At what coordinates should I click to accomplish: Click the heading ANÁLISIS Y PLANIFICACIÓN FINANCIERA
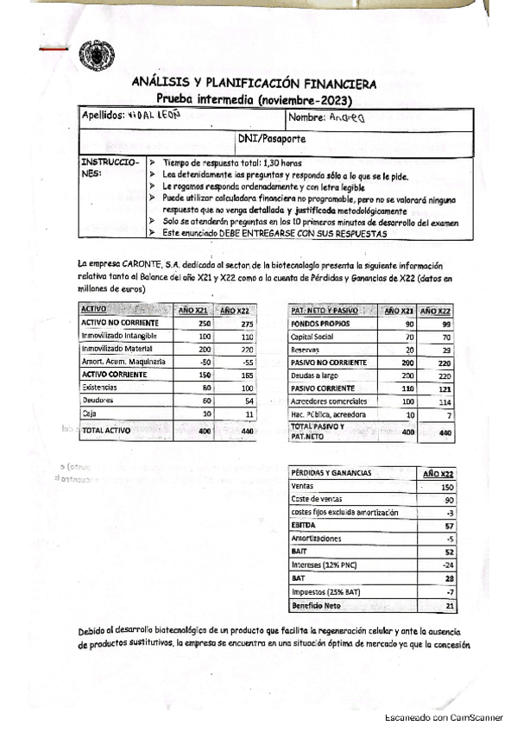[x=253, y=84]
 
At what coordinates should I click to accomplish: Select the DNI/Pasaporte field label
[x=268, y=137]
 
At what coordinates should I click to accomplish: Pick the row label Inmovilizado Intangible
[x=117, y=335]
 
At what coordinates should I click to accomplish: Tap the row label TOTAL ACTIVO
[x=110, y=429]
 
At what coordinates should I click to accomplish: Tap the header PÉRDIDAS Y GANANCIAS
[x=331, y=473]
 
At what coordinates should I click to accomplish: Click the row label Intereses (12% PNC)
[x=326, y=565]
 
